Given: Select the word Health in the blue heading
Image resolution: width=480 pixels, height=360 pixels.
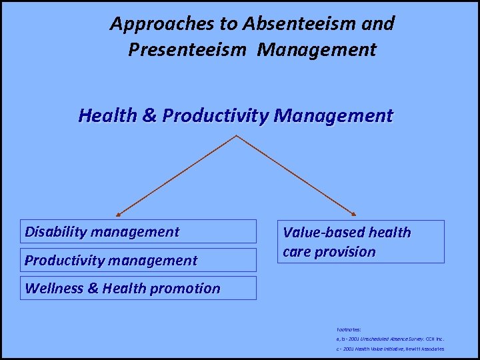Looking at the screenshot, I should pos(108,116).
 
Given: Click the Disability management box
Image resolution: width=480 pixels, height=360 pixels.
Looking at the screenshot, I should pos(138,231).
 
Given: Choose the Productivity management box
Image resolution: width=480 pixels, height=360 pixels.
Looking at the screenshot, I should pos(138,260).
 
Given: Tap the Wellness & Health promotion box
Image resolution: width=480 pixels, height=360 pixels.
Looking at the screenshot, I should pos(138,288).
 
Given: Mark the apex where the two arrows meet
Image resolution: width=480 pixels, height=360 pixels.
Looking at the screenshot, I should pos(237,136).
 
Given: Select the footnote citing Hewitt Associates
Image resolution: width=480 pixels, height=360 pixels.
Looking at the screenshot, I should pos(390,349).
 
